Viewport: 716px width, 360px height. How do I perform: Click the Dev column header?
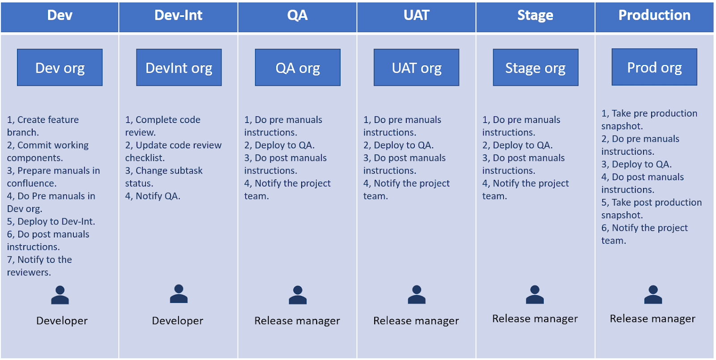coord(60,16)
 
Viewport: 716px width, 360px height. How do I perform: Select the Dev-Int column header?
coord(178,16)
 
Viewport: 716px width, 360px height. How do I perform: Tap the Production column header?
coord(654,16)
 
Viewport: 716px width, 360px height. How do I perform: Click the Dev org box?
coord(60,68)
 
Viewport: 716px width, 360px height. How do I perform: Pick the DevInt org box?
coord(179,68)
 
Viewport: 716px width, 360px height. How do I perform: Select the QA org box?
coord(298,68)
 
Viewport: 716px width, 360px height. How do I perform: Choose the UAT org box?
coord(417,68)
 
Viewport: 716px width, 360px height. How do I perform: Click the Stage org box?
coord(535,68)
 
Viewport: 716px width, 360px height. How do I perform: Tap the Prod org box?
coord(654,67)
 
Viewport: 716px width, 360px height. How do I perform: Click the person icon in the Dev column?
coord(60,295)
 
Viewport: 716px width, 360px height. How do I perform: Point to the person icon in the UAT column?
coord(417,295)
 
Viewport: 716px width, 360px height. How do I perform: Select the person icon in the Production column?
coord(653,295)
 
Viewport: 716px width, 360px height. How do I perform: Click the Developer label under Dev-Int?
coord(178,321)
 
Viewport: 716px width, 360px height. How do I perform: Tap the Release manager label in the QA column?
coord(297,321)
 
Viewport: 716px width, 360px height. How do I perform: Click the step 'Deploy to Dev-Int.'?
coord(51,221)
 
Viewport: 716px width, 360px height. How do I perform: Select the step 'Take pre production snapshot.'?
coord(649,119)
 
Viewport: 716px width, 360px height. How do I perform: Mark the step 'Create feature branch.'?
coord(43,126)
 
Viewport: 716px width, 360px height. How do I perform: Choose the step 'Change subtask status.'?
coord(164,177)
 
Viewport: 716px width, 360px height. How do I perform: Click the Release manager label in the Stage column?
coord(535,318)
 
